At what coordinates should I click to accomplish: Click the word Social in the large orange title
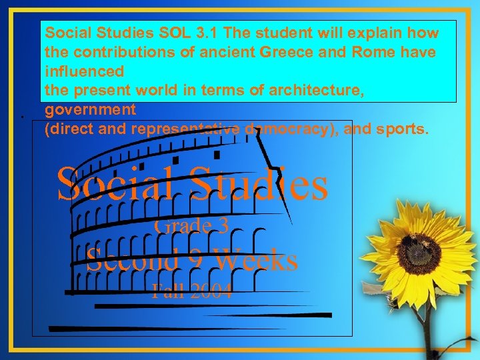tap(117, 184)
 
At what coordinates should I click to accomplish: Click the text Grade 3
tap(191, 226)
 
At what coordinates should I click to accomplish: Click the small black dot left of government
tap(22, 117)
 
